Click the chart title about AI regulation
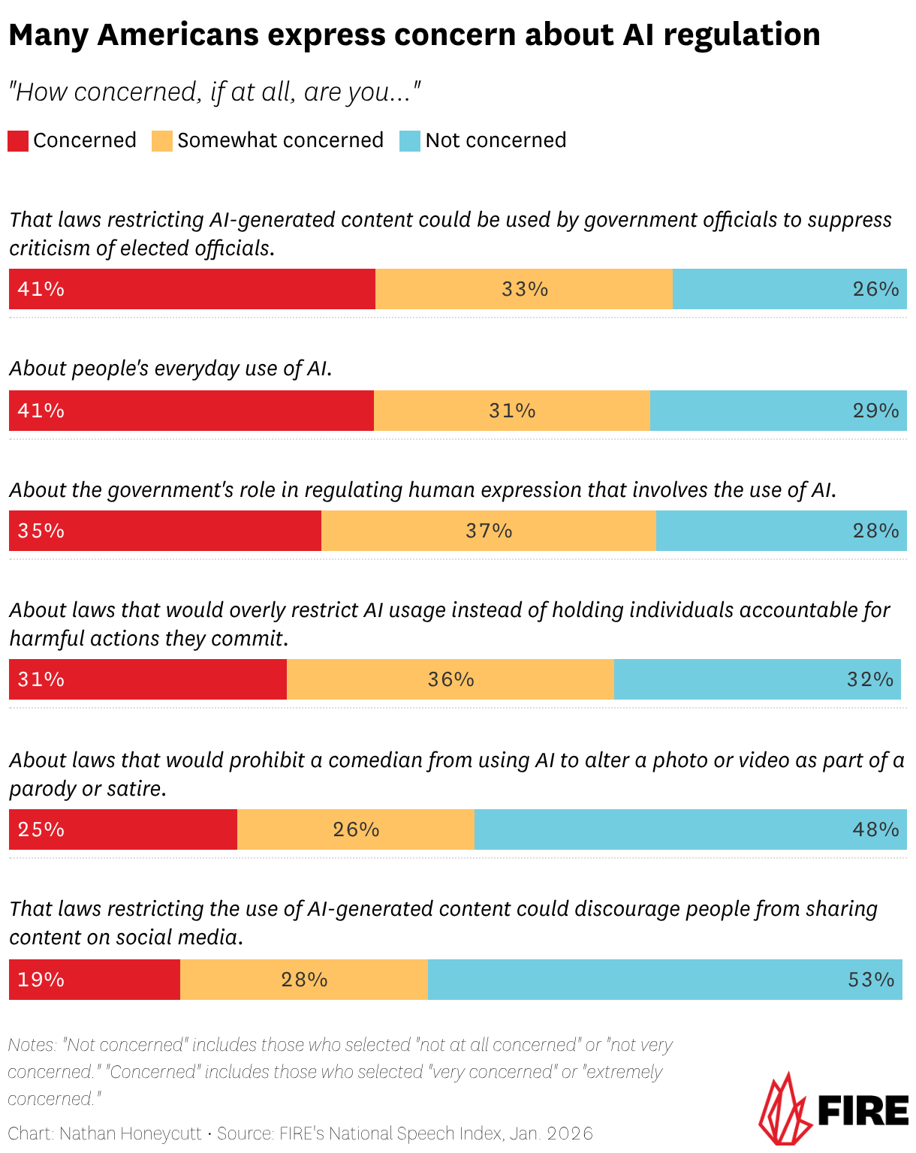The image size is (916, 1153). point(414,35)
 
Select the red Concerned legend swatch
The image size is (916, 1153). point(18,141)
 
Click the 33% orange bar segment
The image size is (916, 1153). point(524,289)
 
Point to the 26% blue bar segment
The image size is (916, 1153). point(789,289)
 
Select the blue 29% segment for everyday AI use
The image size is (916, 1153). point(778,411)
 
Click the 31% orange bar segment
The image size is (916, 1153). point(512,411)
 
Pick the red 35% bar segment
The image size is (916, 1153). point(165,531)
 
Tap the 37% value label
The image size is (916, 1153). point(489,531)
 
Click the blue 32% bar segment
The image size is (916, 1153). point(757,679)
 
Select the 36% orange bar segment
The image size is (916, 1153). point(450,679)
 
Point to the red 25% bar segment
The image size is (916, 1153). point(123,829)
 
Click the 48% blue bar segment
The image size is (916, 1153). point(690,829)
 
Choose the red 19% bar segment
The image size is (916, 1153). point(95,980)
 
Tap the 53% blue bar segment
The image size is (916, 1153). point(664,980)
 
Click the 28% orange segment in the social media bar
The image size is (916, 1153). point(304,980)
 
